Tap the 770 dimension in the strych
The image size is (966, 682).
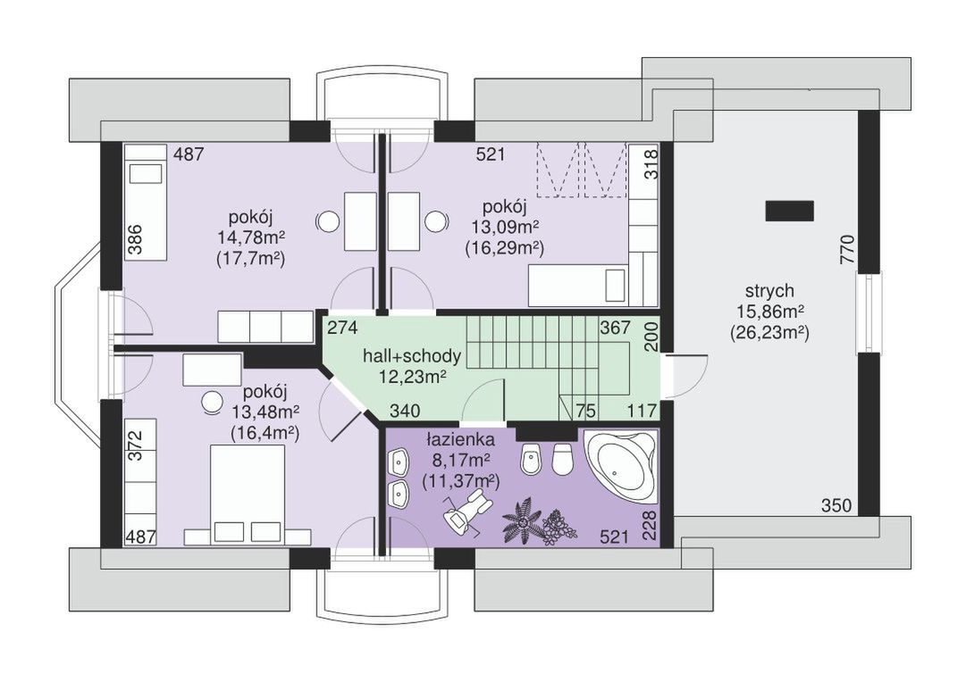pyautogui.click(x=848, y=249)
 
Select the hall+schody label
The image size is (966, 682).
pyautogui.click(x=411, y=356)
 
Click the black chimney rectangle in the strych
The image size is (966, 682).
pyautogui.click(x=789, y=211)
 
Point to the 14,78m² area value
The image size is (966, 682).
pyautogui.click(x=251, y=237)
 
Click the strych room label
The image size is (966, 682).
pyautogui.click(x=769, y=290)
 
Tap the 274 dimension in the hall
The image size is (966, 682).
pyautogui.click(x=342, y=329)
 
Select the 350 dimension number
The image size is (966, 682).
pyautogui.click(x=836, y=506)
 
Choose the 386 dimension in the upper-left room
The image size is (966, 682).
pyautogui.click(x=136, y=239)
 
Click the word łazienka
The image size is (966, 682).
pyautogui.click(x=460, y=440)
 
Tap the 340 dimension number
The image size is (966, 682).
pyautogui.click(x=405, y=411)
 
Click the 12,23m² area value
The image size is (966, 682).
pyautogui.click(x=413, y=377)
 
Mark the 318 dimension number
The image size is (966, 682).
pyautogui.click(x=651, y=163)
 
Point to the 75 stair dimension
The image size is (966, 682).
pyautogui.click(x=586, y=411)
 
